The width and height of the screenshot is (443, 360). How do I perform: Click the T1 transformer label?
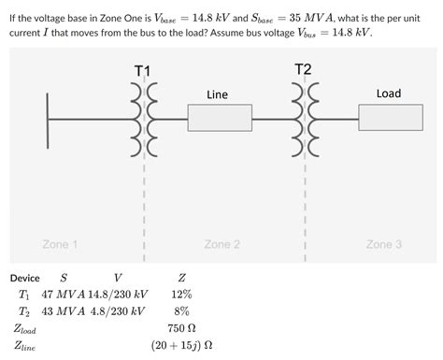pyautogui.click(x=142, y=71)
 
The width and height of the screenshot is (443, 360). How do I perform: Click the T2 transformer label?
pyautogui.click(x=303, y=69)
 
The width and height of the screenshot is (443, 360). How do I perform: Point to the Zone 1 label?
pyautogui.click(x=60, y=244)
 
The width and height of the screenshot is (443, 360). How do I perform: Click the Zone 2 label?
pyautogui.click(x=222, y=244)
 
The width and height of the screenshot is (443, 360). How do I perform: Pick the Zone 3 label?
pyautogui.click(x=384, y=244)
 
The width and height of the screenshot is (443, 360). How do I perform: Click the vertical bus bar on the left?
pyautogui.click(x=48, y=120)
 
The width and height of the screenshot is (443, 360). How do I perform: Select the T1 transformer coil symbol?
pyautogui.click(x=143, y=120)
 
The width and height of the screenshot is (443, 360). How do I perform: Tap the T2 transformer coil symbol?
pyautogui.click(x=304, y=120)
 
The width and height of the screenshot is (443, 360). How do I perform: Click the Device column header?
pyautogui.click(x=24, y=278)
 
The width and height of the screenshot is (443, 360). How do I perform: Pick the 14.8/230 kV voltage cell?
pyautogui.click(x=119, y=295)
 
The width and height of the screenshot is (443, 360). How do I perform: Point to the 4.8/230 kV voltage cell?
pyautogui.click(x=119, y=311)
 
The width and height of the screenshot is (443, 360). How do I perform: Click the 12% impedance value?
pyautogui.click(x=181, y=295)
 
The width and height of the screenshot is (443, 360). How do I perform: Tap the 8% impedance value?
pyautogui.click(x=181, y=311)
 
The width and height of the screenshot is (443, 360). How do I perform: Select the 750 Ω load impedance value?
pyautogui.click(x=181, y=328)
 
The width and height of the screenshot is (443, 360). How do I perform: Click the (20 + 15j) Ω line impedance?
pyautogui.click(x=181, y=345)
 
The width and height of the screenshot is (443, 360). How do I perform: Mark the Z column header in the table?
pyautogui.click(x=181, y=278)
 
